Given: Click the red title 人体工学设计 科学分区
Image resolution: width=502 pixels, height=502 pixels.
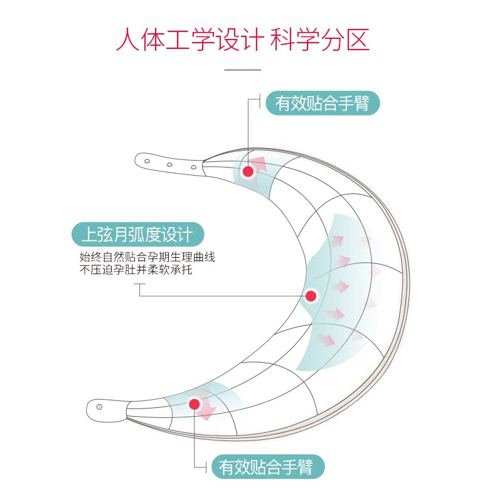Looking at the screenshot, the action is (x=243, y=40).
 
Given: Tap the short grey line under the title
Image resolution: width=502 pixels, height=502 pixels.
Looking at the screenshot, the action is (x=242, y=70).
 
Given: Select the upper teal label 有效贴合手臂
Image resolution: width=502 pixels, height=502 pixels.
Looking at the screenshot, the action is (x=323, y=103).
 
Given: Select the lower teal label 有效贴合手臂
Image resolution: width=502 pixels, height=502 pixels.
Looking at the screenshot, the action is (x=268, y=467).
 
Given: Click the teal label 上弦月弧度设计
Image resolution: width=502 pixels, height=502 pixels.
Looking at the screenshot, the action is (x=137, y=234).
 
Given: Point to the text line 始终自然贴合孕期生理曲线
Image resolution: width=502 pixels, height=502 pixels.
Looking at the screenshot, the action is (x=147, y=257).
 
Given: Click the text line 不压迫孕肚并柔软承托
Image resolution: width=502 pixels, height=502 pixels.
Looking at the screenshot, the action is (x=136, y=270).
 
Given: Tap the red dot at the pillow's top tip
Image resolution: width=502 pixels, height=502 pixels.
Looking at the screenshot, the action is (x=248, y=171).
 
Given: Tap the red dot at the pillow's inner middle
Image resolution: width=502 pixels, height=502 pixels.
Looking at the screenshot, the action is (x=311, y=296).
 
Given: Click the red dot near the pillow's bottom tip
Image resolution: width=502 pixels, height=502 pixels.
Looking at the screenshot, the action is (x=195, y=404).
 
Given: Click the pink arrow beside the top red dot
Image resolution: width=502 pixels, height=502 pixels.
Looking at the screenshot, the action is (x=259, y=163).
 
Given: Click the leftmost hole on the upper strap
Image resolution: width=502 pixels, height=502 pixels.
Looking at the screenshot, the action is (x=147, y=161).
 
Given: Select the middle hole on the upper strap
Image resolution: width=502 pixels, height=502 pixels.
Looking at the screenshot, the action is (x=169, y=164).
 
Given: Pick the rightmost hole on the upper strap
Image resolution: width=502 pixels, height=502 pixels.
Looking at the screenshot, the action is (x=193, y=167).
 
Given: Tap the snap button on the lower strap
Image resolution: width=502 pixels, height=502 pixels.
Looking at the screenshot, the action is (x=99, y=407).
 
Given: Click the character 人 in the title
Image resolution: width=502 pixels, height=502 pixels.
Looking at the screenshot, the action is (x=127, y=40).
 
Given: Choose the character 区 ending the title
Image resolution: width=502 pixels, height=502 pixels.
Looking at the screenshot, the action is (x=358, y=40).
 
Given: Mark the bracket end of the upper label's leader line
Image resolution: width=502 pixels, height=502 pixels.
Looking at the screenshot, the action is (x=260, y=99).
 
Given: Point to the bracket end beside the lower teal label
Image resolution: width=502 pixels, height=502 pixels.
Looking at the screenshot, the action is (x=206, y=467).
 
